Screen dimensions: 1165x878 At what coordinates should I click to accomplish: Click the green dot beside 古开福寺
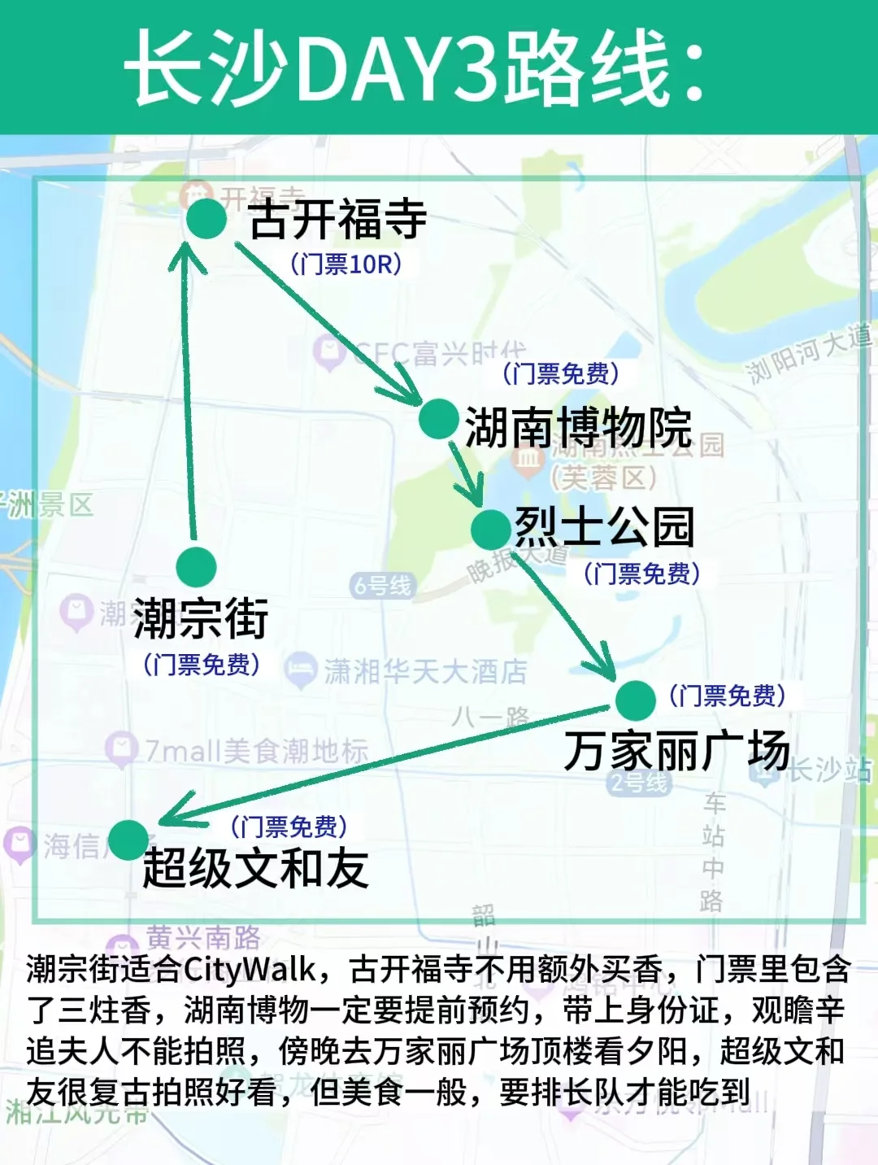pos(206,219)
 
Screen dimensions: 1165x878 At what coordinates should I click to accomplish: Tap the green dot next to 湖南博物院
pos(439,419)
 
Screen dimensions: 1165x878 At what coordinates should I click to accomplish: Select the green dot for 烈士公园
pos(491,530)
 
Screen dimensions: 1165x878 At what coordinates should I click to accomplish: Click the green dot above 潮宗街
pos(196,566)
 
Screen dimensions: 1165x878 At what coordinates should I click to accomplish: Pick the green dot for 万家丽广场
pos(635,700)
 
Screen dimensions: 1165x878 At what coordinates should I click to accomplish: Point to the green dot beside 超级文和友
pos(128,840)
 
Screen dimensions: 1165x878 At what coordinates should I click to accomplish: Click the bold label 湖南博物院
pos(578,426)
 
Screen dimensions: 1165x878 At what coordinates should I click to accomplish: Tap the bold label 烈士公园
pos(605,527)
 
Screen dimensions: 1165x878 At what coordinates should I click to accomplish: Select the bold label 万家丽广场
pos(676,750)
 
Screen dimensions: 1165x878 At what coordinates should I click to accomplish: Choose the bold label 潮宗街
pos(201,618)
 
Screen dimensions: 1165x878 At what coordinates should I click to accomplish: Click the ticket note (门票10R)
pos(346,264)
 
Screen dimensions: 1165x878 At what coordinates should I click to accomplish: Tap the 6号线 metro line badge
pos(382,585)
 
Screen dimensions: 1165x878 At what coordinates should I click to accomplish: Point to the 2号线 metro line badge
pos(640,783)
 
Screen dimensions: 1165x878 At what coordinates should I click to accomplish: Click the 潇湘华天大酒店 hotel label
pos(425,671)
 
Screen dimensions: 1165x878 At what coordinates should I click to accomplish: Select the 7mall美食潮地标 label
pos(256,750)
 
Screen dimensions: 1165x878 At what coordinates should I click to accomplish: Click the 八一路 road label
pos(491,717)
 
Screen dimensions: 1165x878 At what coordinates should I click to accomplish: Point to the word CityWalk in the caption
pos(250,969)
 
